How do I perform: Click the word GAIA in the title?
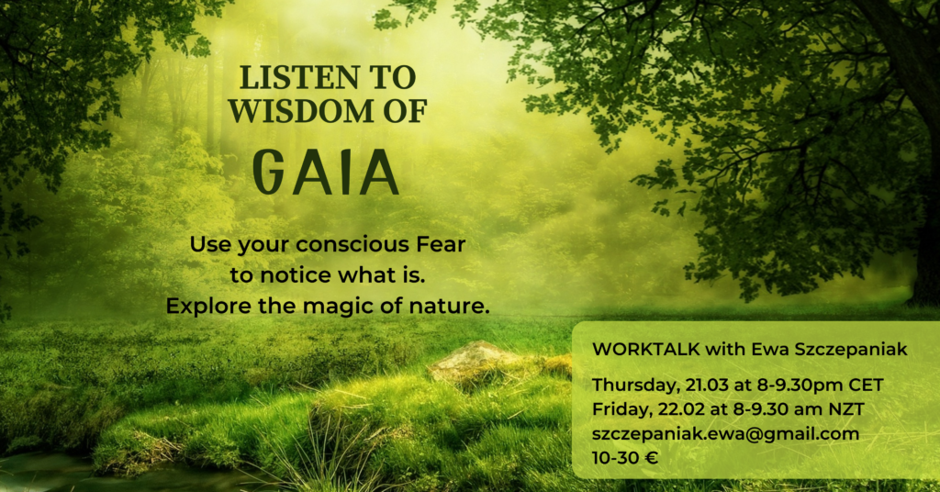[x=326, y=172]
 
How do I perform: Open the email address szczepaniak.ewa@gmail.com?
[x=725, y=434]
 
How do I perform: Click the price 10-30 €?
[x=625, y=458]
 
